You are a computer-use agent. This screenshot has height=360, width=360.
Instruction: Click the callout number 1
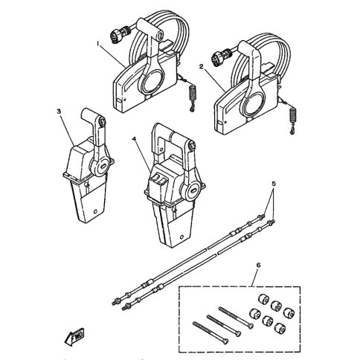click(x=97, y=43)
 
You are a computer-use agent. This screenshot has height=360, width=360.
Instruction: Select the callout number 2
click(x=202, y=66)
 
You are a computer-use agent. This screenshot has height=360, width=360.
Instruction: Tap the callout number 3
click(x=59, y=112)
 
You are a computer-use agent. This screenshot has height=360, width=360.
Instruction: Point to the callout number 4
click(x=134, y=139)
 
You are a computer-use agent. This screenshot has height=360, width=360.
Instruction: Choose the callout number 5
click(x=274, y=184)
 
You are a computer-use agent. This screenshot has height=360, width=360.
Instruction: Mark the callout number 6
click(x=258, y=265)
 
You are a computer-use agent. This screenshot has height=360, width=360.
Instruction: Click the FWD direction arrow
click(x=74, y=338)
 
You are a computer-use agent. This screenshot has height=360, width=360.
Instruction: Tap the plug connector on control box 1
click(x=120, y=34)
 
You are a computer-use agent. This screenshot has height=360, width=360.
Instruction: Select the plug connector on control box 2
click(x=220, y=55)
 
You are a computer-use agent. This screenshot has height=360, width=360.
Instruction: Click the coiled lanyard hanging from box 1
click(x=192, y=97)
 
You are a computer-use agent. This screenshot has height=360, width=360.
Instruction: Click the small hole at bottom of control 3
click(x=95, y=212)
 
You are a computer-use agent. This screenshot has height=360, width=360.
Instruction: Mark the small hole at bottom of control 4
click(x=181, y=237)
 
